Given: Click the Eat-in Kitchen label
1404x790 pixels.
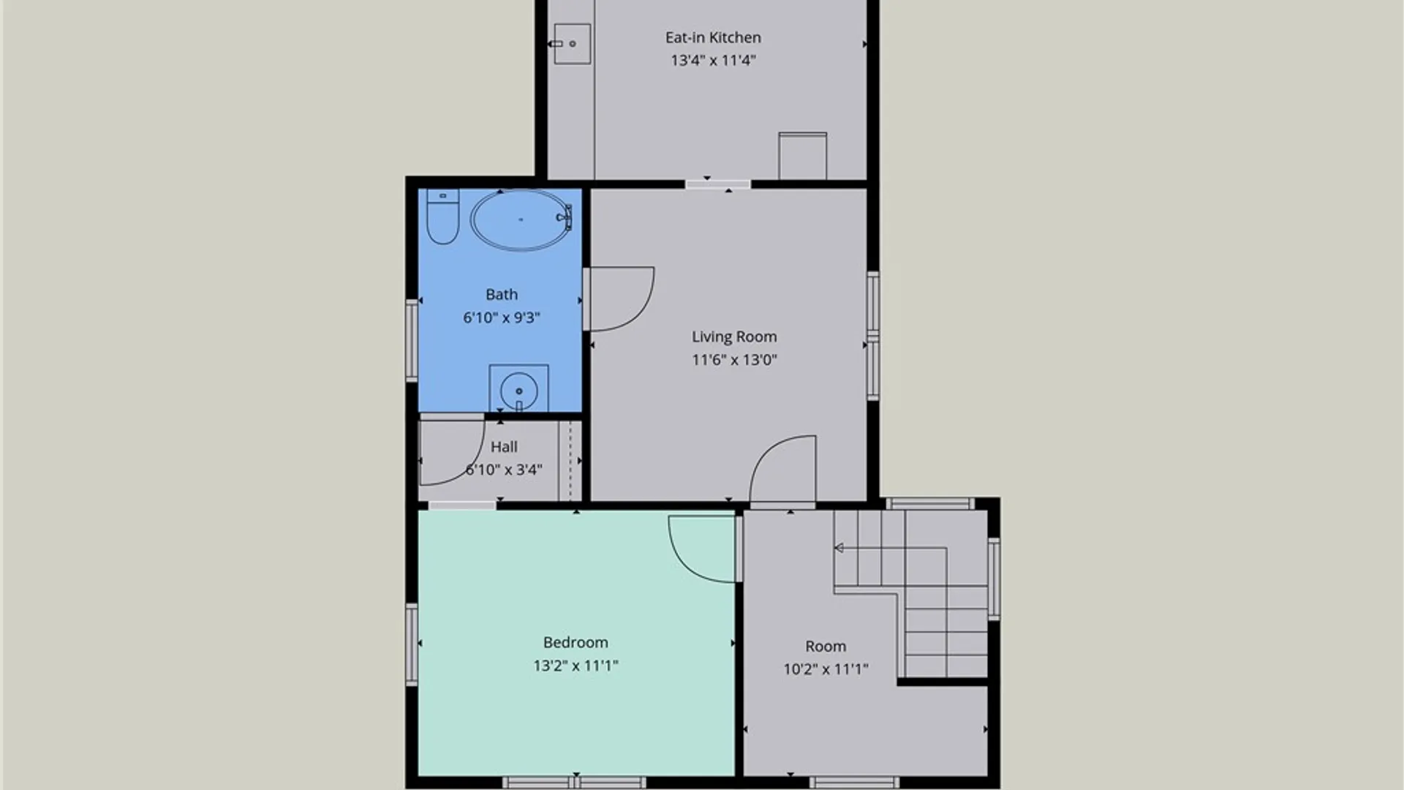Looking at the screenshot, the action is pos(713,37).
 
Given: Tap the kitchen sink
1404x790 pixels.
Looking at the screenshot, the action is pos(572,44).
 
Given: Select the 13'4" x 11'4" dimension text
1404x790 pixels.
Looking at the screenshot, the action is pos(713,60).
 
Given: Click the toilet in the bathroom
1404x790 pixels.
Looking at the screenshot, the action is pos(442,217).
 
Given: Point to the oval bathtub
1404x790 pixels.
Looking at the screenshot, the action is pos(521,219).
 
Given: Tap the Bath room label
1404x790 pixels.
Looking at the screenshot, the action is pos(502,294).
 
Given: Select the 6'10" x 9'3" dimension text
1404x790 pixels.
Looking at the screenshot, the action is pos(502,317).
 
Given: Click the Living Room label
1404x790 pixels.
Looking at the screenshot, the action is pos(734,336).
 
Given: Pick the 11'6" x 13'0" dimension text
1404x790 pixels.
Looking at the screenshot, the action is pos(734,359).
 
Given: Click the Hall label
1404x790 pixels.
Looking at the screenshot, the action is pos(504,447).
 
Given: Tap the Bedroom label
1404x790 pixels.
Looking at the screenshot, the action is pos(575,642).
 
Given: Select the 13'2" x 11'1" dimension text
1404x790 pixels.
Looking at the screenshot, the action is pos(575,666).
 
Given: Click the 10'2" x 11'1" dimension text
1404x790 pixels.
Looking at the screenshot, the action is pos(826,669).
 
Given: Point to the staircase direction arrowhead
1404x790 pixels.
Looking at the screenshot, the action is pos(839,548).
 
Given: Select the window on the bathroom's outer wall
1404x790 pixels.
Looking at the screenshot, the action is pos(412,340).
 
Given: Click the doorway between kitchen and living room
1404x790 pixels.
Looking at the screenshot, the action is pos(718,184).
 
